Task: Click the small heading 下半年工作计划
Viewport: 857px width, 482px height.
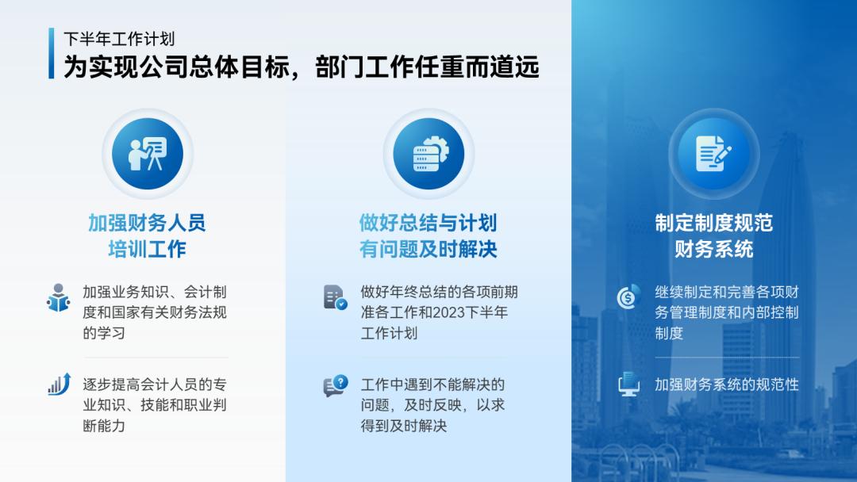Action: pyautogui.click(x=119, y=38)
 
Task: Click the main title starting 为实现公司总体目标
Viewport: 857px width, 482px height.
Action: pyautogui.click(x=302, y=67)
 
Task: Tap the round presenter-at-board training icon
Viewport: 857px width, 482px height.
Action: pyautogui.click(x=148, y=154)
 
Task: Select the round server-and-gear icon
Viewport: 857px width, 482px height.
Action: pyautogui.click(x=428, y=154)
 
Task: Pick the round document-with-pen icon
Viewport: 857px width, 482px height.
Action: pyautogui.click(x=713, y=154)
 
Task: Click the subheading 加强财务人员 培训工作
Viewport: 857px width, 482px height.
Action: pyautogui.click(x=147, y=236)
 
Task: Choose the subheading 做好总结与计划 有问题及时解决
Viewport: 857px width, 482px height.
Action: pyautogui.click(x=428, y=236)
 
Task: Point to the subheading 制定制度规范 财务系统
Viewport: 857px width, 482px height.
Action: pyautogui.click(x=713, y=236)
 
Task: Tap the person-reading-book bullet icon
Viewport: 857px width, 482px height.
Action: pyautogui.click(x=58, y=297)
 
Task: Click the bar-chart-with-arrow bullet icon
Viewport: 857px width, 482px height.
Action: pyautogui.click(x=59, y=384)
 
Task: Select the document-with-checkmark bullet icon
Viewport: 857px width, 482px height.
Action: pyautogui.click(x=335, y=297)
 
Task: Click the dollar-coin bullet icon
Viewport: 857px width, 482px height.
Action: pyautogui.click(x=628, y=297)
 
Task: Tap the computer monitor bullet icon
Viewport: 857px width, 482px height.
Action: pyautogui.click(x=628, y=385)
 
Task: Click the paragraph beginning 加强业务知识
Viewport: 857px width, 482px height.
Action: pyautogui.click(x=155, y=312)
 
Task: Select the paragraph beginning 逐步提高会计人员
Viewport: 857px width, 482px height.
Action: pyautogui.click(x=155, y=405)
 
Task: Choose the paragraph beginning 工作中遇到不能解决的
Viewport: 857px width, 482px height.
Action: pyautogui.click(x=432, y=405)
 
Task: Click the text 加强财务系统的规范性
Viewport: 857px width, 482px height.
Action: pyautogui.click(x=726, y=385)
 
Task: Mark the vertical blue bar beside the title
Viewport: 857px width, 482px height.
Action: pyautogui.click(x=52, y=54)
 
